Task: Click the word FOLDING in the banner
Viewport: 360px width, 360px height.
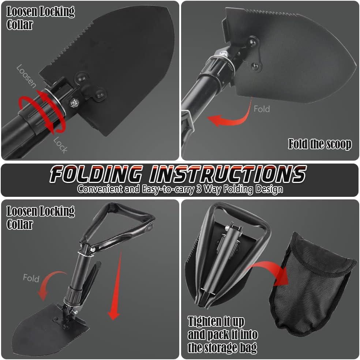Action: point(96,174)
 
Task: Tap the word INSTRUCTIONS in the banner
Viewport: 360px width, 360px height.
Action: point(228,174)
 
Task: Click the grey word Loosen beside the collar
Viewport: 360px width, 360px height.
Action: point(26,76)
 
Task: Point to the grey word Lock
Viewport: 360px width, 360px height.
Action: point(60,145)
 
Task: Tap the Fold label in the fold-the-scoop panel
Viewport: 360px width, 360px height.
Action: point(262,109)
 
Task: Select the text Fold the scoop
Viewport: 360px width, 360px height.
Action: point(320,144)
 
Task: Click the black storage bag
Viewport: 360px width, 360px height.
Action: point(312,285)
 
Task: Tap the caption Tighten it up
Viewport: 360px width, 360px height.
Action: point(216,322)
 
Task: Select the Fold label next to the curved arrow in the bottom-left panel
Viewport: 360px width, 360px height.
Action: point(31,278)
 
